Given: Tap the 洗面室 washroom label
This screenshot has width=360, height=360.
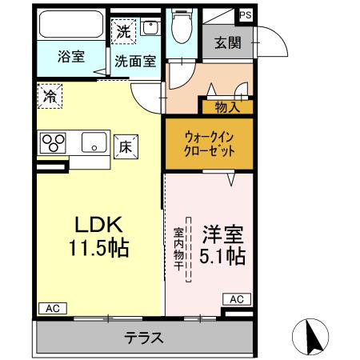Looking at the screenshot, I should [134, 60].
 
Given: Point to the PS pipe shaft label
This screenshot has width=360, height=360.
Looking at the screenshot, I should [244, 14].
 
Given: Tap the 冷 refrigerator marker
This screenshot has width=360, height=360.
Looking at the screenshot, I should [47, 95].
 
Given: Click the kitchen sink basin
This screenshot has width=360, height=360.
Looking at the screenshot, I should [94, 144].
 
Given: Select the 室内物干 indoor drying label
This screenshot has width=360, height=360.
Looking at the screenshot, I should [180, 249].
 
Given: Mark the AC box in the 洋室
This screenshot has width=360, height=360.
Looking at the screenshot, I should [236, 298].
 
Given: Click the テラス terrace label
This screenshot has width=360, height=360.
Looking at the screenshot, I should [144, 338].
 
